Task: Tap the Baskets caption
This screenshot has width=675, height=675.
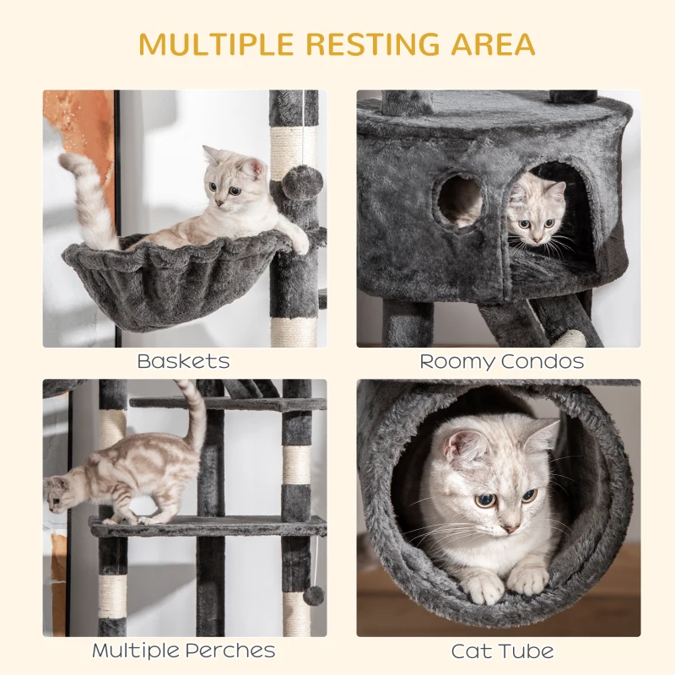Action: click(x=183, y=362)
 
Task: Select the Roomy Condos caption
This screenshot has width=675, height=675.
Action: click(x=502, y=362)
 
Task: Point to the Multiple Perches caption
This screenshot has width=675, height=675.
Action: click(x=183, y=651)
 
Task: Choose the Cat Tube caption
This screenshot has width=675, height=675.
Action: click(x=502, y=651)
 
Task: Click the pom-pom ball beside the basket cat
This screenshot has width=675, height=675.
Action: click(x=301, y=181)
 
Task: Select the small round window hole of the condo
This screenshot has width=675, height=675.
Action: click(x=461, y=201)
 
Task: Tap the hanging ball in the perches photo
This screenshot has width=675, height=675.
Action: click(x=314, y=596)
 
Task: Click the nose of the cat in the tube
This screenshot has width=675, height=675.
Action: click(x=509, y=526)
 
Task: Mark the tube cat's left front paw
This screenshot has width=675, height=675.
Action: click(x=528, y=580)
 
